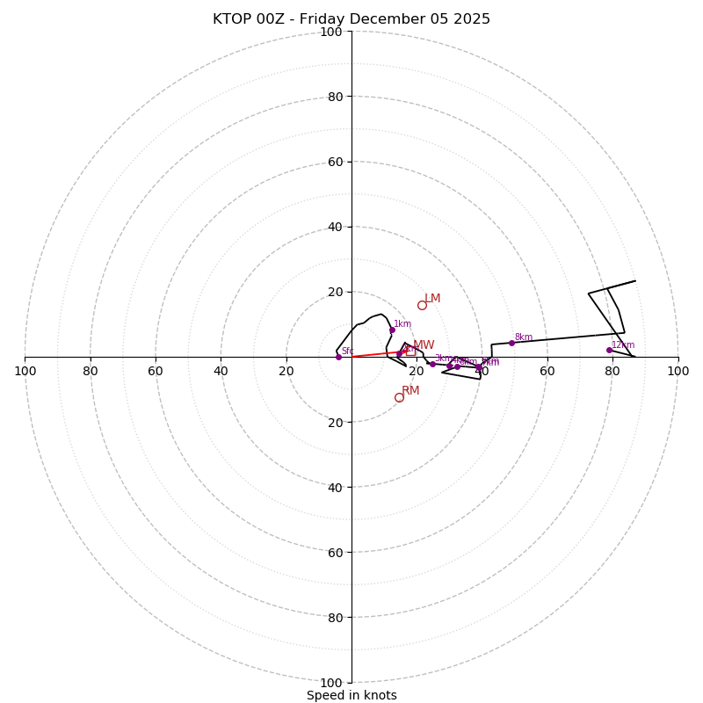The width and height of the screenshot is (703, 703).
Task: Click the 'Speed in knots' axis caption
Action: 351,695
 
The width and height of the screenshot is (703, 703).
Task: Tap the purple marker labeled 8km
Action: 511,343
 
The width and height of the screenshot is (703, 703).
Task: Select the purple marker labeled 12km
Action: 609,350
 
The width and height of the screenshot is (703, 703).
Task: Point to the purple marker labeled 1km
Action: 392,330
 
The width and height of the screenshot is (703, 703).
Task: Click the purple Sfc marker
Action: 338,357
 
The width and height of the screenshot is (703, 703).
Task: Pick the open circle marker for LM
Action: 422,305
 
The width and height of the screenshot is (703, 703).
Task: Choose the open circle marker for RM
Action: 399,397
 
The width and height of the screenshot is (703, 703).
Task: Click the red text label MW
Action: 424,345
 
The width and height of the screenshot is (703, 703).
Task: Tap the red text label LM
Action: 432,299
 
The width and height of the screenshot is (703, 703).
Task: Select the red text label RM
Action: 410,391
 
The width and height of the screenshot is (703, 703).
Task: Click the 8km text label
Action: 524,337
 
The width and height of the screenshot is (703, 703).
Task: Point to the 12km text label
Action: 623,345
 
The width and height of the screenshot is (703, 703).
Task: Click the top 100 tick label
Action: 330,32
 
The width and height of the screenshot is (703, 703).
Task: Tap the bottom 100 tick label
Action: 330,682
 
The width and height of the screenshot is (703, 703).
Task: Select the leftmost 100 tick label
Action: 25,371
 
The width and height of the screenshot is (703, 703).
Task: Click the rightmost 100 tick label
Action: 678,371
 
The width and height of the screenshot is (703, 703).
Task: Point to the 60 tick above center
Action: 334,162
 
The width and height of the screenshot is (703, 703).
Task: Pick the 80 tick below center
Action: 334,617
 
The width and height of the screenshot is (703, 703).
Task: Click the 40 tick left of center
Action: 221,371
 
